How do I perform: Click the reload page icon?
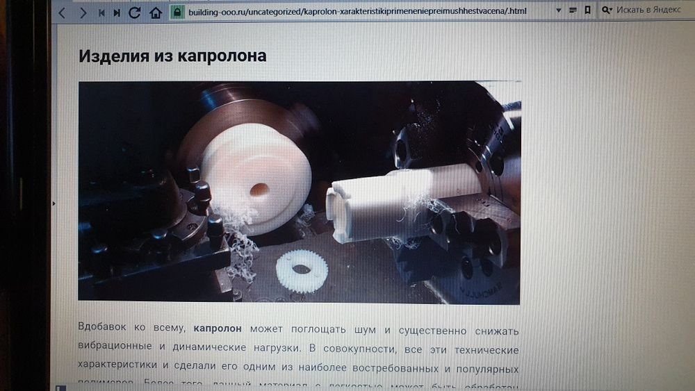[135, 13]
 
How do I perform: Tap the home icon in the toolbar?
[156, 13]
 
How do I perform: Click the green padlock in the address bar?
[177, 13]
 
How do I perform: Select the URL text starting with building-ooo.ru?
[347, 12]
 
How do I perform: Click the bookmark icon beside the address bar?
[588, 11]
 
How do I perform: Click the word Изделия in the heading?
[111, 56]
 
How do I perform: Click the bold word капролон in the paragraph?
[218, 328]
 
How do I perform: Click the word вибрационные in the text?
[118, 347]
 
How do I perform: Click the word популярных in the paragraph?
[486, 365]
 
